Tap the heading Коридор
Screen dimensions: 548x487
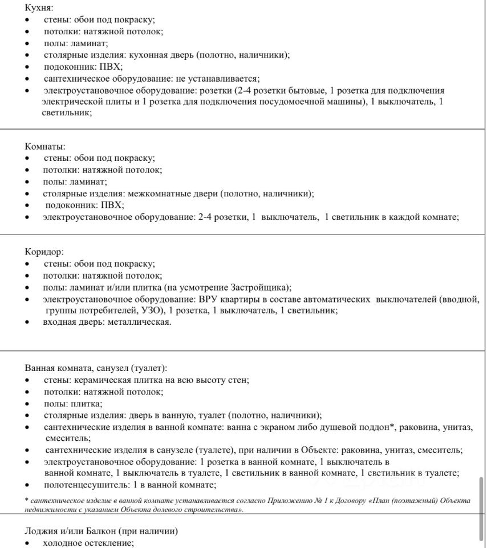(44, 251)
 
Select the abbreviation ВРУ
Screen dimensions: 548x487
(208, 299)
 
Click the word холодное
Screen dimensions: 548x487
(63, 543)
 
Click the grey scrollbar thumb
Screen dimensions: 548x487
(481, 508)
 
